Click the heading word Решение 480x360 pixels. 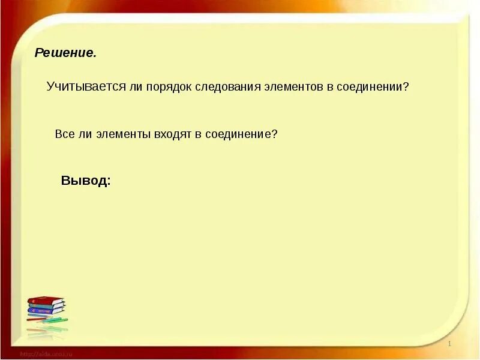[65, 53]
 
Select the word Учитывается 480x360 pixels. [86, 86]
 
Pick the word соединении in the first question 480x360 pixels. [368, 86]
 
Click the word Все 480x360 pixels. [64, 134]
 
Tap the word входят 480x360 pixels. [172, 134]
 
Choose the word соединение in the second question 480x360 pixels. [238, 134]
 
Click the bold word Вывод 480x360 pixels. [85, 181]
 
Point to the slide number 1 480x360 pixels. [449, 343]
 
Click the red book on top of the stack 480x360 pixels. [46, 299]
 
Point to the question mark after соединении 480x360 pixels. [406, 86]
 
